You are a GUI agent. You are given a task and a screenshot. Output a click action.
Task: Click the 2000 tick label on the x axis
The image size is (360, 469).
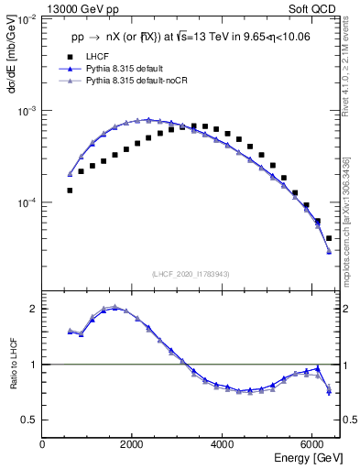[133, 444]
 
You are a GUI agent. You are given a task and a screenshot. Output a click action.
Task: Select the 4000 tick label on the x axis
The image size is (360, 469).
[223, 444]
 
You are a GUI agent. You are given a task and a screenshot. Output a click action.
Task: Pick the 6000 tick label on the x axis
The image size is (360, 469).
[312, 444]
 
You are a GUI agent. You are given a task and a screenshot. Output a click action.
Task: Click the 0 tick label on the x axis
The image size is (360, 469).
[43, 444]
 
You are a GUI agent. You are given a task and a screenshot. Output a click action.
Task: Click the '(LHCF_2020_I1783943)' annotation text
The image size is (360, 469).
[191, 274]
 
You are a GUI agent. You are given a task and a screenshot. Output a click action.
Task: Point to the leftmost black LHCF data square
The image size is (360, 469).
[70, 190]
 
